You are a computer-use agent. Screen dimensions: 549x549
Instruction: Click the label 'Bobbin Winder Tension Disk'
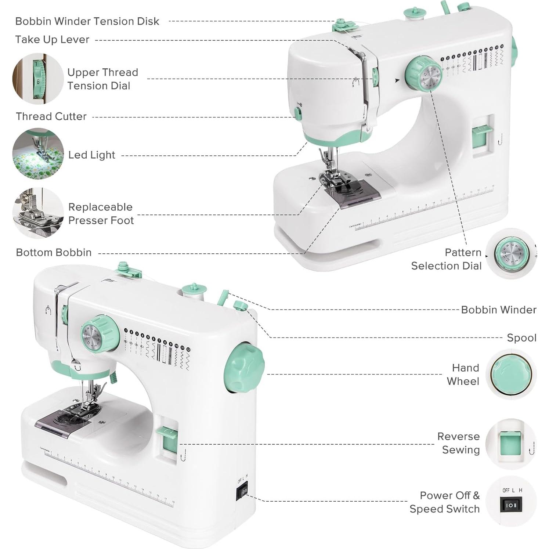[x=87, y=21]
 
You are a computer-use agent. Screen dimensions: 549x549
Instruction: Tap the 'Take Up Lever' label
[x=52, y=40]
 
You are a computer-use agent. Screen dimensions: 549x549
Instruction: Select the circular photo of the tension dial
[x=38, y=79]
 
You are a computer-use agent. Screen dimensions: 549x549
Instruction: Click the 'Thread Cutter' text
[x=51, y=116]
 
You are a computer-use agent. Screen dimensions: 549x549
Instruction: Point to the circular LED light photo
[x=38, y=154]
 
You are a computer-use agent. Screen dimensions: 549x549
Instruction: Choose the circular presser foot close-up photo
[x=38, y=213]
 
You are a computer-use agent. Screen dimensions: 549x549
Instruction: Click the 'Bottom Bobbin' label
[x=54, y=253]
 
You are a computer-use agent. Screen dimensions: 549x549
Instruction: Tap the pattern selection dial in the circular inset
[x=511, y=254]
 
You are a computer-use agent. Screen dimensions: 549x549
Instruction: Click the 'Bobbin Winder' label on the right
[x=498, y=310]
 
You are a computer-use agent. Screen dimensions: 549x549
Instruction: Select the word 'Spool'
[x=521, y=338]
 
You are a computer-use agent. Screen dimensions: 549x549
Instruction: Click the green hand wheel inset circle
[x=511, y=374]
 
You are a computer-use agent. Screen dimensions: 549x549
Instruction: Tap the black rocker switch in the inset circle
[x=511, y=505]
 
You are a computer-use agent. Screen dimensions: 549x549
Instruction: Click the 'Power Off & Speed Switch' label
[x=445, y=502]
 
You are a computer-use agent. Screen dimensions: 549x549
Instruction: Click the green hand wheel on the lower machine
[x=244, y=367]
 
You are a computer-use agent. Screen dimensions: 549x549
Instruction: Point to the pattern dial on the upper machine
[x=423, y=73]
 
